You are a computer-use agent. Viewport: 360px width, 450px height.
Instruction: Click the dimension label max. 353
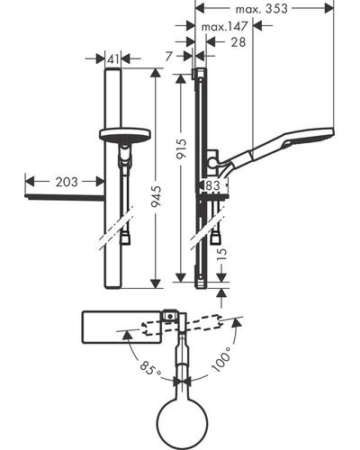click(261, 9)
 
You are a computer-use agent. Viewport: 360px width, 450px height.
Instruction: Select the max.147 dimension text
click(224, 26)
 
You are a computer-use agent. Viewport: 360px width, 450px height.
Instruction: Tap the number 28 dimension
click(238, 42)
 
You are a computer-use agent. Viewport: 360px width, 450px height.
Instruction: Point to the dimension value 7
click(169, 56)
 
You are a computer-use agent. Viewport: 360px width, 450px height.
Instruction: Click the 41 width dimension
click(113, 59)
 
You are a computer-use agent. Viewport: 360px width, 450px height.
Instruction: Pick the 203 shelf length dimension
click(67, 182)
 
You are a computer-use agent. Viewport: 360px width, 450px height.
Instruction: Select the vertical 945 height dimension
click(156, 196)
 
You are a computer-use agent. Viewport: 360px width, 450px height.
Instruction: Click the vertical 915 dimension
click(181, 148)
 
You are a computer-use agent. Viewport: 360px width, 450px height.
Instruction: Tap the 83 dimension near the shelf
click(213, 185)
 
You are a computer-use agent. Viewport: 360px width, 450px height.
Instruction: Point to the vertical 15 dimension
click(221, 254)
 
